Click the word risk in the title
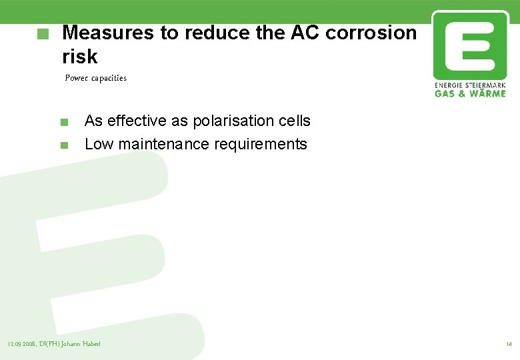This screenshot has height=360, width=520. pyautogui.click(x=79, y=57)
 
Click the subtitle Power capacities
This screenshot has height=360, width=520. pyautogui.click(x=95, y=78)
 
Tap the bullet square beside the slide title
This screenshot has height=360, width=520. pyautogui.click(x=43, y=33)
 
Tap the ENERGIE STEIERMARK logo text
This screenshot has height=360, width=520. pyautogui.click(x=469, y=86)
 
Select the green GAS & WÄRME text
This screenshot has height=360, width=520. pyautogui.click(x=469, y=94)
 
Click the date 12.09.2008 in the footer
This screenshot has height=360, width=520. pyautogui.click(x=22, y=344)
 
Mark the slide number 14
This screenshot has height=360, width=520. pyautogui.click(x=509, y=344)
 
